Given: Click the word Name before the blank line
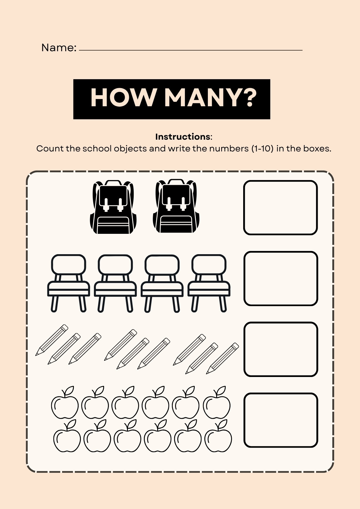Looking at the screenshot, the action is [x=59, y=47].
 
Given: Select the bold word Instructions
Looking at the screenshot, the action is [x=183, y=137].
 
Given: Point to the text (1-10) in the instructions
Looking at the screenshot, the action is [x=263, y=149].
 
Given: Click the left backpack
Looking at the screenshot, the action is [x=113, y=207].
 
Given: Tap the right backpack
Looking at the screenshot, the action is [x=176, y=206].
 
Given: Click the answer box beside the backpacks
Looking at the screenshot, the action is [x=280, y=208].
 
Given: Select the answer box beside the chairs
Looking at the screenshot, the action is [x=281, y=279].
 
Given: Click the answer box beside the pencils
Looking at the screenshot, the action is [x=281, y=349].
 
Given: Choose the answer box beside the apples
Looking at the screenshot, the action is [x=281, y=420].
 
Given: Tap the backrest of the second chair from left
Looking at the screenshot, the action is [x=115, y=265].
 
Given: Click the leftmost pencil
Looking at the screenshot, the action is [x=52, y=340].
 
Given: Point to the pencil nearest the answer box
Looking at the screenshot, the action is [x=222, y=358].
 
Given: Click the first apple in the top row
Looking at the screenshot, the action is [x=65, y=402].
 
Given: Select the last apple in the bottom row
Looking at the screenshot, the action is [x=218, y=436].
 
